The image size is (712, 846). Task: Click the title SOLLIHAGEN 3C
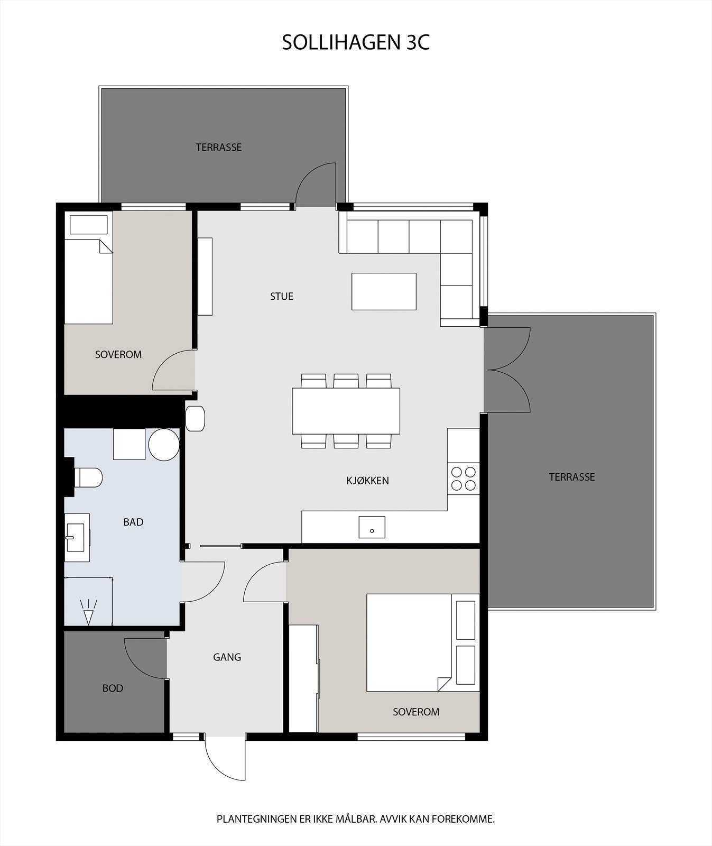point(356,43)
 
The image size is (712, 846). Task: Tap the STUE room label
point(281,297)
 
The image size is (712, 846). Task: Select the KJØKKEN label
point(367,481)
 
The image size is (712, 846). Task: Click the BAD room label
point(133,522)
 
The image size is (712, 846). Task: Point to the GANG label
point(227,657)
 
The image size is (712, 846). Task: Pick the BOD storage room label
point(113,688)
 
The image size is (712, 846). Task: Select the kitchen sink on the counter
point(372,527)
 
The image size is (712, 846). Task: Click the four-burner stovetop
point(463,479)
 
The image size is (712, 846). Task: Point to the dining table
point(346,411)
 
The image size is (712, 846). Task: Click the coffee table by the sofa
point(384,291)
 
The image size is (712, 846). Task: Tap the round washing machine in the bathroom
point(164,445)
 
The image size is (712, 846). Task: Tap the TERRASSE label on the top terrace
point(218,148)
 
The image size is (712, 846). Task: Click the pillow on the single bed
point(89,224)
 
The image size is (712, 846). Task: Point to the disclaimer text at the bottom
point(355,820)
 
